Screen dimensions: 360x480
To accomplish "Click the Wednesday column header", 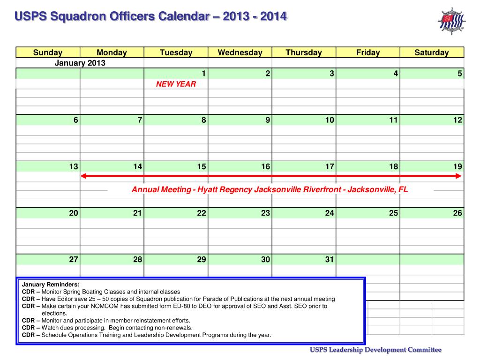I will pos(240,52).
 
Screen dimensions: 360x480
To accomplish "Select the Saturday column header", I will pos(431,52).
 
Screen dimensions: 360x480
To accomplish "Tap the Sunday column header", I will pos(48,52).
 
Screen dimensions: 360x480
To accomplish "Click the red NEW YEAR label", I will pos(176,84).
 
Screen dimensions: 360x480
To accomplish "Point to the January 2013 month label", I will pos(80,63).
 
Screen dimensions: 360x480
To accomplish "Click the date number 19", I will pos(457,166).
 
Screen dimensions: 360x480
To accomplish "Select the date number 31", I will pos(330,259).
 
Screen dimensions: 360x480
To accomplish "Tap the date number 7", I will pos(140,120).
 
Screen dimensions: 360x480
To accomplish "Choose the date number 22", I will pos(202,213).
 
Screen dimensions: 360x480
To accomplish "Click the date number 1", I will pos(203,74).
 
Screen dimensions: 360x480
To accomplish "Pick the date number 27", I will pos(74,259).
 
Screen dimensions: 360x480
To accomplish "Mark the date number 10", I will pos(330,120).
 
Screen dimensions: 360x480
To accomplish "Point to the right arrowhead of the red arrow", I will pos(459,176).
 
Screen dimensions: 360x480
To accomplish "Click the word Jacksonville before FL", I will pos(372,190).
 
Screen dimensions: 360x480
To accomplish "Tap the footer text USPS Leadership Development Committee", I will pos(375,350).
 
